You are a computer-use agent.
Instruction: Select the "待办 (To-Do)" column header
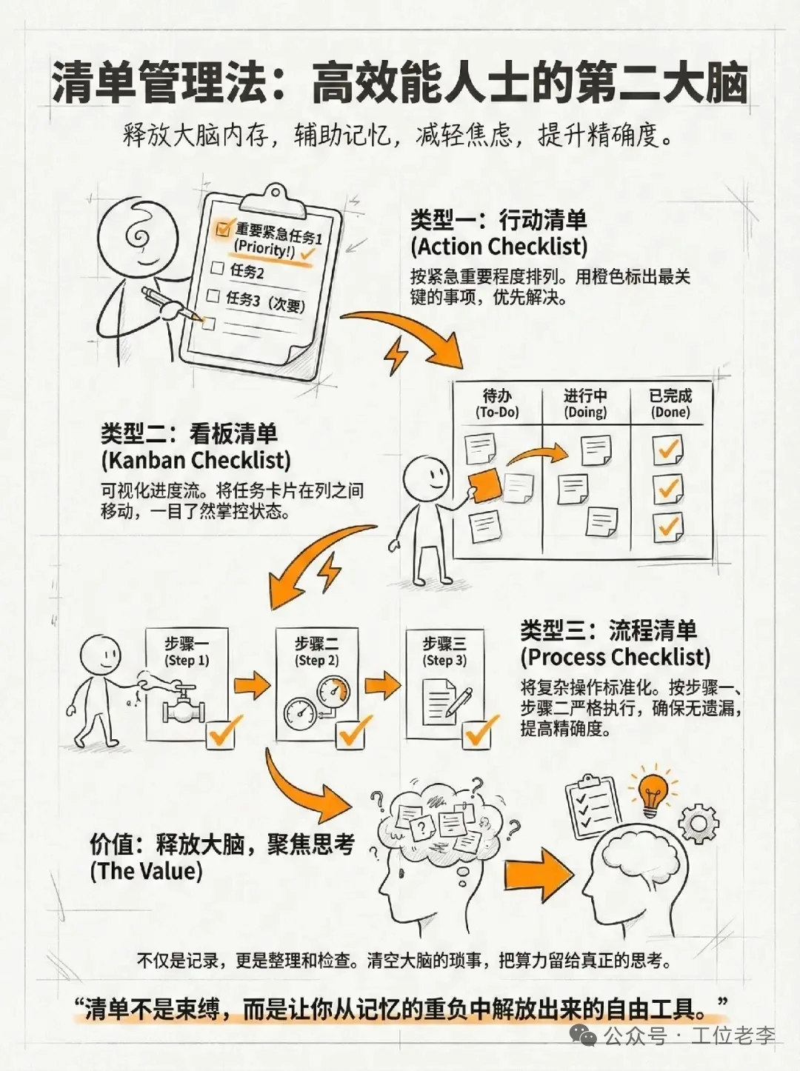coord(497,404)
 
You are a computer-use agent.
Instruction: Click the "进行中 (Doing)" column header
coord(585,404)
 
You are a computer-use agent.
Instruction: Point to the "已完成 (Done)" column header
coord(670,404)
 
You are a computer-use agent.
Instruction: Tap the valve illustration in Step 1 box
coord(181,704)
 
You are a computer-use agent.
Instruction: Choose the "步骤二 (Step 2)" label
coord(316,652)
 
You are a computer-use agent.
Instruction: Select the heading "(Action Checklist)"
coord(499,247)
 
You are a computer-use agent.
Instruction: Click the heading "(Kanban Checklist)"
coord(196,459)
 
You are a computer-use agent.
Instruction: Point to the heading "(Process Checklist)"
coord(615,657)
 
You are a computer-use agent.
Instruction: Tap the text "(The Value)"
coord(146,871)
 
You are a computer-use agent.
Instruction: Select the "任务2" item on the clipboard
coord(247,271)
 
